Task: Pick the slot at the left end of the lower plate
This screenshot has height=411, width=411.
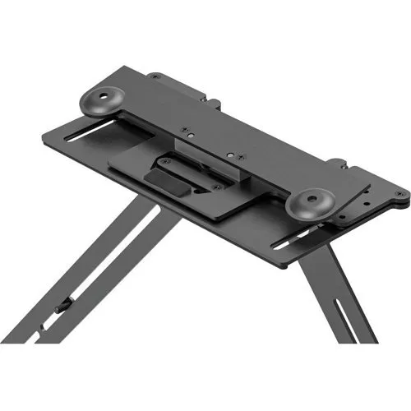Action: (91, 136)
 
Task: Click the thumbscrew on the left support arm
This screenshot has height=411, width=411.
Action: (63, 307)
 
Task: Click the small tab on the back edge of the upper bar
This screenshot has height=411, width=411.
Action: (215, 104)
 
